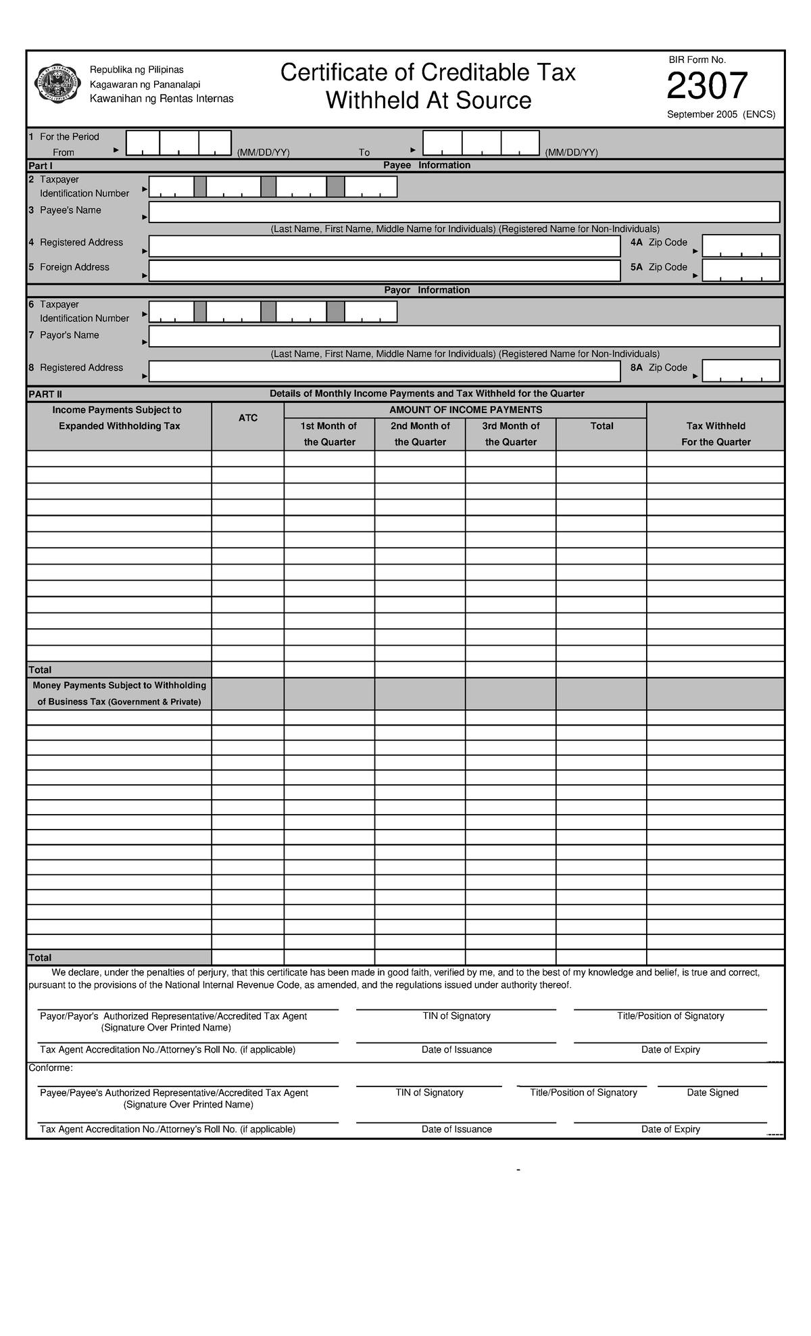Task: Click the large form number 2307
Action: pos(707,87)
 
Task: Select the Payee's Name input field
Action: pos(464,212)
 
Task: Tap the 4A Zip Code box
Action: pos(741,246)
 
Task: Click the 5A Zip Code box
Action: pos(741,270)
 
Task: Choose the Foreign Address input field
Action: pos(384,271)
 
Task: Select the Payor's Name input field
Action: pos(464,337)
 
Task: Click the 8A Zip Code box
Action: pos(741,371)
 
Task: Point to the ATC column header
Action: pos(247,419)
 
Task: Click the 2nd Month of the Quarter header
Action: pos(420,434)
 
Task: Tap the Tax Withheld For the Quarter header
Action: pos(716,434)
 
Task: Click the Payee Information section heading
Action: pos(426,166)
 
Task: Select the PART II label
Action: pos(45,394)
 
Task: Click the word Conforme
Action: pos(50,1068)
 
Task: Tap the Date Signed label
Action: pos(712,1093)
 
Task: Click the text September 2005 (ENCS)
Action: pos(720,115)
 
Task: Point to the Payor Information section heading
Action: pos(426,291)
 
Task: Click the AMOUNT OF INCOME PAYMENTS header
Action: pos(466,410)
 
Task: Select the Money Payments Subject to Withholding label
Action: pos(120,686)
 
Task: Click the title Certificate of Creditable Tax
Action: pos(428,72)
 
